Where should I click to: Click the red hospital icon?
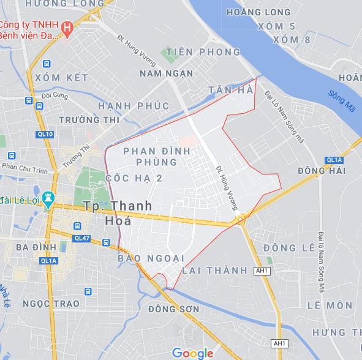point(69,27)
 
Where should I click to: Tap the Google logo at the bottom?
point(192,353)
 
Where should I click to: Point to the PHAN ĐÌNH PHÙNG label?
point(150,156)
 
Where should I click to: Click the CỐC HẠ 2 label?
point(134,178)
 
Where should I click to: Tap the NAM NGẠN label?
point(167,73)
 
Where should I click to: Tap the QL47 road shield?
point(81,238)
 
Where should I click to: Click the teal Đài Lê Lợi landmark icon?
point(49,199)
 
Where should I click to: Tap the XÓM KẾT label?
point(61,78)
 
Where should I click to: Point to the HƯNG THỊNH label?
point(337,331)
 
